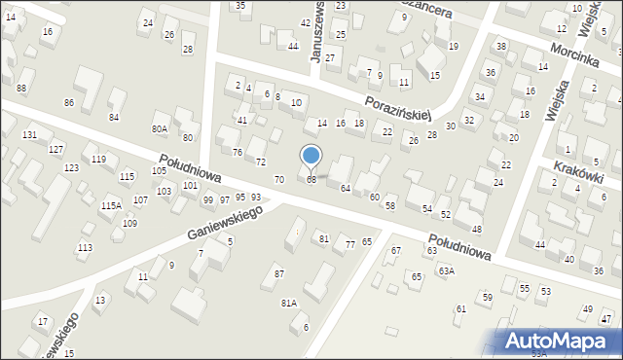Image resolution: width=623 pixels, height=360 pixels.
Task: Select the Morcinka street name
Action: [x=572, y=56]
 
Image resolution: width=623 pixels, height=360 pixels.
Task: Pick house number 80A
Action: [x=160, y=128]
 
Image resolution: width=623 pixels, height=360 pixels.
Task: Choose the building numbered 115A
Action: [x=111, y=205]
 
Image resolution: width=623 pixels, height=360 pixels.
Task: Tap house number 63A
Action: [x=446, y=271]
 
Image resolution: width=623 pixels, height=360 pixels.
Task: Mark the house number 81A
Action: [x=289, y=303]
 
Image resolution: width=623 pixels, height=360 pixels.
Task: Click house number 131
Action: [x=30, y=134]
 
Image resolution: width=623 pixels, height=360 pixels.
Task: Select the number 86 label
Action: [x=68, y=102]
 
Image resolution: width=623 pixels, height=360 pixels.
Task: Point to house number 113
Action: [x=86, y=248]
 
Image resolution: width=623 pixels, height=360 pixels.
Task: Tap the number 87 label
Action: [x=279, y=273]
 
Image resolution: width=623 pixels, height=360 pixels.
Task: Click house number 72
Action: [x=260, y=162]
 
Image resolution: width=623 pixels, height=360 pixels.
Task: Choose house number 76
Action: [x=237, y=152]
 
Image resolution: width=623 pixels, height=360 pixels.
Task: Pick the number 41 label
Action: [x=242, y=120]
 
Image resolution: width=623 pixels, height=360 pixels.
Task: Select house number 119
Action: [x=98, y=160]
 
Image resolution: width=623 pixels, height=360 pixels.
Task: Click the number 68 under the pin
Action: [x=311, y=180]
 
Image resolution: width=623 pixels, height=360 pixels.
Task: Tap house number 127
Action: [x=57, y=149]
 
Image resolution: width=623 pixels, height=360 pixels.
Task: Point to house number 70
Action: [x=279, y=180]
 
